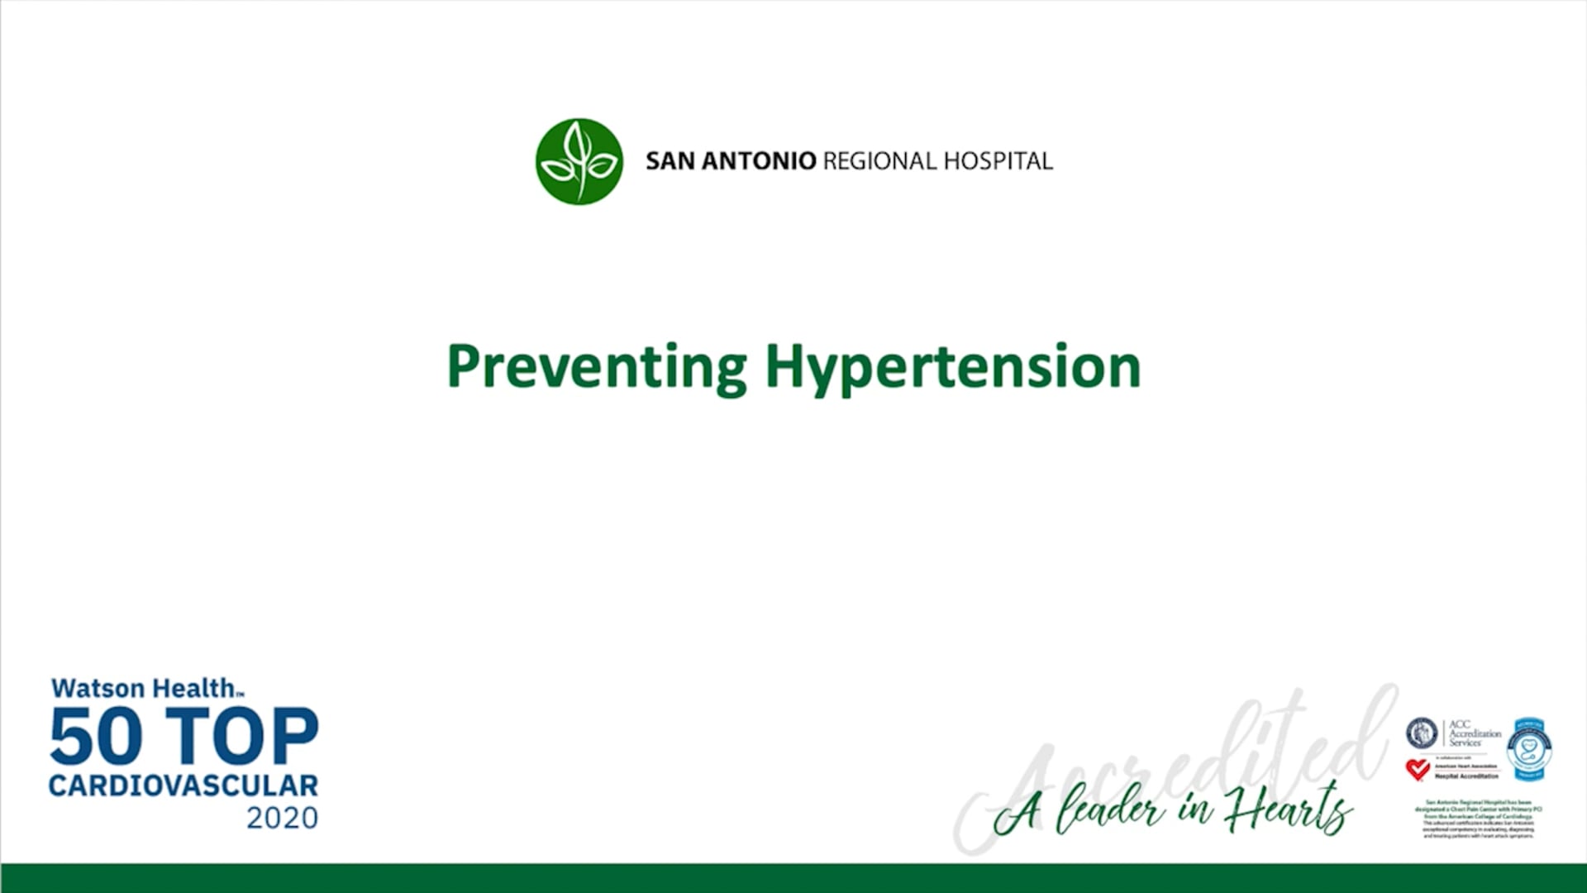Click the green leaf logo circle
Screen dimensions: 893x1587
point(579,161)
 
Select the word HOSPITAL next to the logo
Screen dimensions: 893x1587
point(998,161)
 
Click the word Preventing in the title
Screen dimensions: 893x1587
point(596,366)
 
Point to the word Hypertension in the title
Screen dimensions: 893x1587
point(952,366)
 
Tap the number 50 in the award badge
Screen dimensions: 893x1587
point(96,736)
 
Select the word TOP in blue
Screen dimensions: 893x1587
point(242,736)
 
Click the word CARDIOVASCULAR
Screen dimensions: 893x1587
point(183,786)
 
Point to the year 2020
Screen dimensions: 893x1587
point(282,818)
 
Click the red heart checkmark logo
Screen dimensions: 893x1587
point(1418,770)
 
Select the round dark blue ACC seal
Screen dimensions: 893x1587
point(1422,733)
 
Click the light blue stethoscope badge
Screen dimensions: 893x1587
point(1528,749)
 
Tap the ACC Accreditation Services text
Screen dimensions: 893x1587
point(1475,733)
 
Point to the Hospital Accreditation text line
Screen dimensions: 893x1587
point(1466,776)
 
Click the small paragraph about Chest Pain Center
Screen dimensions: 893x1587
point(1478,819)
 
